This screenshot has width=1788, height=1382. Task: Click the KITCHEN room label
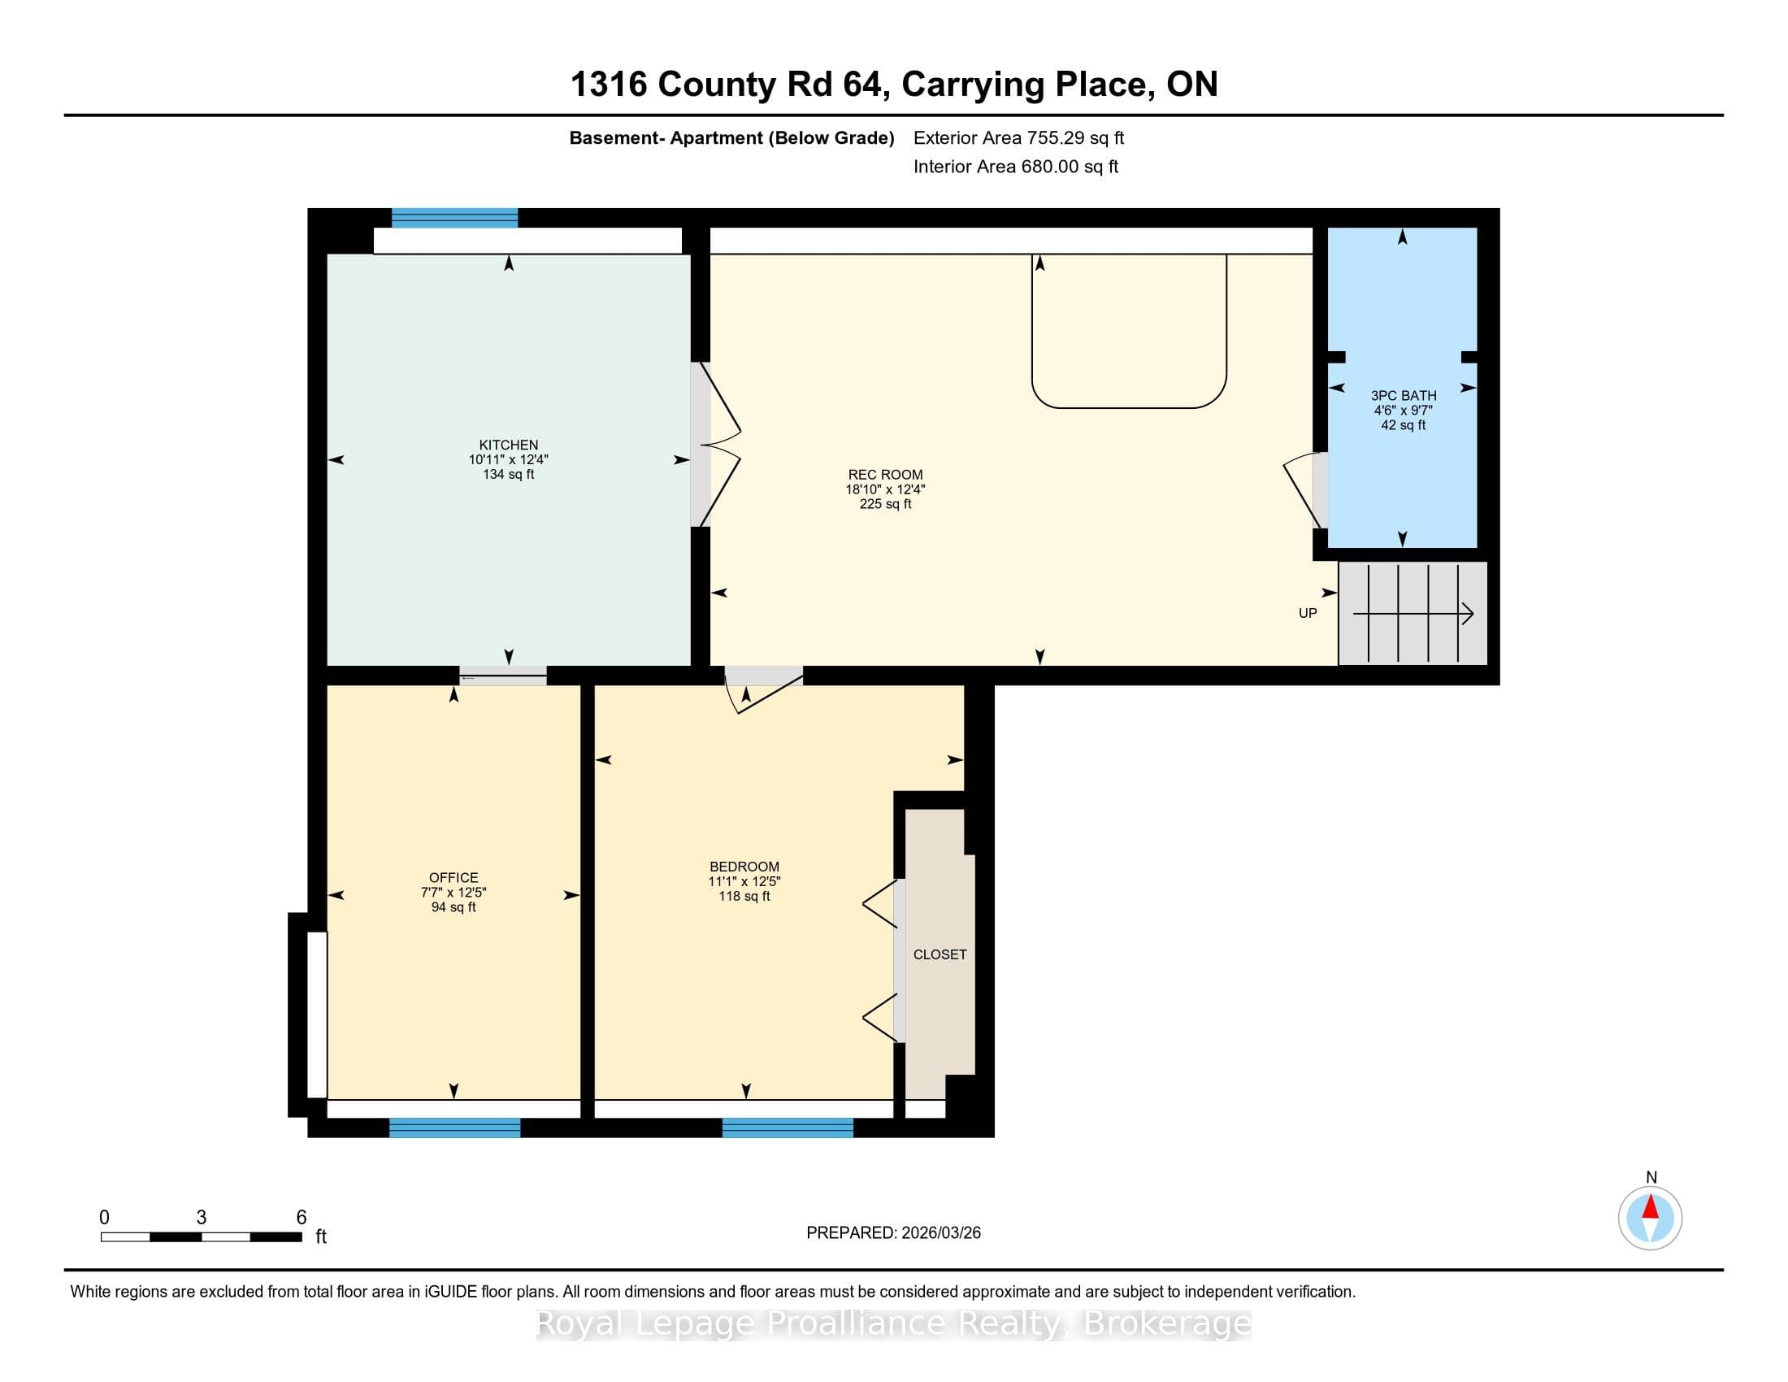(509, 445)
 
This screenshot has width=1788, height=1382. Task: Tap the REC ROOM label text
(885, 474)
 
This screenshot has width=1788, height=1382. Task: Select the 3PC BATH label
(1404, 395)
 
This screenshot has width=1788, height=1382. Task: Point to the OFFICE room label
(454, 877)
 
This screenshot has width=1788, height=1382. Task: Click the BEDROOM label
(744, 867)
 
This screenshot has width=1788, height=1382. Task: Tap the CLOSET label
(940, 954)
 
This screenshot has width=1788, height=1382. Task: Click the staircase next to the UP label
(1413, 613)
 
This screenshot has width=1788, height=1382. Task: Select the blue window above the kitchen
(454, 218)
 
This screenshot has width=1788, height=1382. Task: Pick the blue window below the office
(454, 1128)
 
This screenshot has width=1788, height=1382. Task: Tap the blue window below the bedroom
(788, 1128)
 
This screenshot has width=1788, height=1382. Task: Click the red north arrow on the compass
(1651, 1207)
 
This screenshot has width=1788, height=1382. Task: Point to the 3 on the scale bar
(202, 1218)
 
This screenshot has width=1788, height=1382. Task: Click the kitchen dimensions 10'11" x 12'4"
(509, 459)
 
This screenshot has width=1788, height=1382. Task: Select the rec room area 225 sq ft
(885, 503)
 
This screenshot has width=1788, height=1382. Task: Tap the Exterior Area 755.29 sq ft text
(1018, 137)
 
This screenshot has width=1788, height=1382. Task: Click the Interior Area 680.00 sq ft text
(1015, 166)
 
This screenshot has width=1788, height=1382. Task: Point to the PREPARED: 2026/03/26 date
(893, 1232)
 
